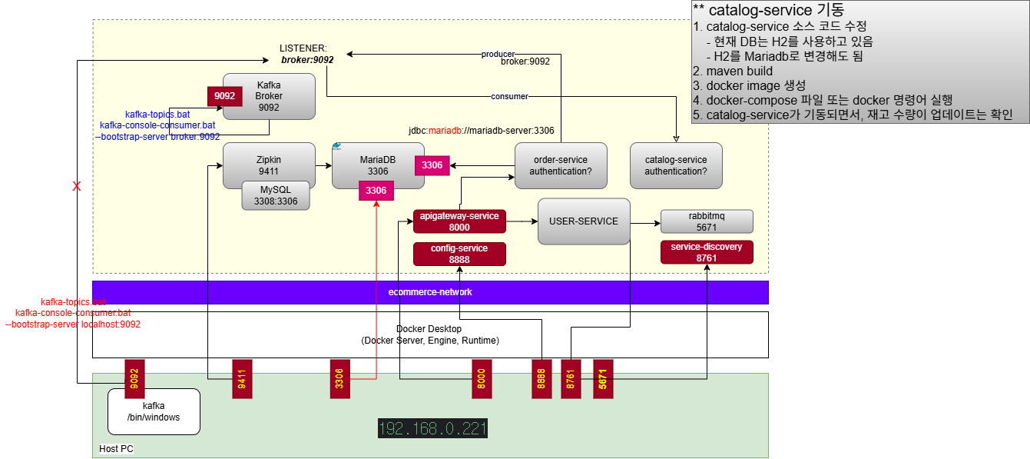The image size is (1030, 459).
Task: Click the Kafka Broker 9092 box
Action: click(x=269, y=96)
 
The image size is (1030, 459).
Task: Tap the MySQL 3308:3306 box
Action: click(x=276, y=195)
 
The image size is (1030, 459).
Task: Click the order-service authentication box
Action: click(x=560, y=165)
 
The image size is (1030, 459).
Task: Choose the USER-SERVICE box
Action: click(x=583, y=221)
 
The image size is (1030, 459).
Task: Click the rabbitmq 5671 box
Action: click(x=706, y=221)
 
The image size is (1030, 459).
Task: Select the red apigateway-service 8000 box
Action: click(x=459, y=221)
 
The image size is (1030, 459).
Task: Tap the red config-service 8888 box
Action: click(x=459, y=254)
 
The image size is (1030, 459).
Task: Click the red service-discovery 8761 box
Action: click(x=706, y=252)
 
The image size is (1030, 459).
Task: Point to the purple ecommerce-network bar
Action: click(x=430, y=292)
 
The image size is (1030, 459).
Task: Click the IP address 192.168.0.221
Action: click(x=432, y=428)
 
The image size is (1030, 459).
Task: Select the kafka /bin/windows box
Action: click(x=154, y=411)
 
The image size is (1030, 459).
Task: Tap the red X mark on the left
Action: click(x=76, y=186)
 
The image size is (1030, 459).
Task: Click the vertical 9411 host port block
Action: click(x=242, y=378)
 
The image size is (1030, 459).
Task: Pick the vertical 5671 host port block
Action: click(x=603, y=378)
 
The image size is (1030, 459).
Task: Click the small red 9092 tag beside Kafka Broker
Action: click(x=225, y=96)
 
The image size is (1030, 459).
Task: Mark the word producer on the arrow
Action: click(x=498, y=54)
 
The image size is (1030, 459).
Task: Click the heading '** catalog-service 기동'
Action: click(x=768, y=10)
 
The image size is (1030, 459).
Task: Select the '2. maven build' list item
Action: click(x=733, y=71)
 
